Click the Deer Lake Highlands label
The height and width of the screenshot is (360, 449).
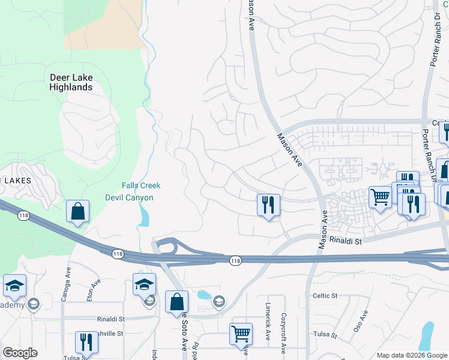click(71, 82)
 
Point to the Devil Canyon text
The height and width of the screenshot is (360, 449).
click(129, 197)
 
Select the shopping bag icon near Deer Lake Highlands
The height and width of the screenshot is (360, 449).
click(78, 212)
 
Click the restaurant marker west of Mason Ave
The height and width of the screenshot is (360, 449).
click(268, 205)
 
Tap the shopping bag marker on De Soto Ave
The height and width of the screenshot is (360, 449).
click(177, 303)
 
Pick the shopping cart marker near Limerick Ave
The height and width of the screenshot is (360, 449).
click(241, 334)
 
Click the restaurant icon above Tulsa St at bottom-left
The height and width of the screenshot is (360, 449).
click(86, 343)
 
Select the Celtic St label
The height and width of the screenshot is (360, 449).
click(325, 296)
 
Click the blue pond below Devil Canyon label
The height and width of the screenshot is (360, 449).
click(143, 215)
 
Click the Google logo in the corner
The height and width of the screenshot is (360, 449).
click(20, 353)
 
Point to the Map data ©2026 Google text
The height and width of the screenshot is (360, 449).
click(412, 355)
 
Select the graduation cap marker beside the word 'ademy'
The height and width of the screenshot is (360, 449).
click(14, 286)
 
